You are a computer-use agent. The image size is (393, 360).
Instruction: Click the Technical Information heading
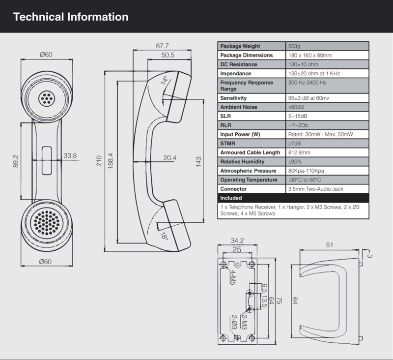tap(71, 17)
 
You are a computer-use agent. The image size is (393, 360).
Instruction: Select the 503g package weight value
tap(294, 46)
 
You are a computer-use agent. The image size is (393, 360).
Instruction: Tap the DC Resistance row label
tap(239, 64)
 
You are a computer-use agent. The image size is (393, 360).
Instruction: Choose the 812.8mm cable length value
tap(300, 152)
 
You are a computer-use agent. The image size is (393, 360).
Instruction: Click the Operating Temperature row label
tap(249, 180)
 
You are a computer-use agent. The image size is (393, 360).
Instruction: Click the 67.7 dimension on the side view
tap(162, 46)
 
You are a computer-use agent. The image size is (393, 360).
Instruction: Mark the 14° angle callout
tap(165, 80)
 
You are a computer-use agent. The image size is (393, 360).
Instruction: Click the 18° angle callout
tap(164, 237)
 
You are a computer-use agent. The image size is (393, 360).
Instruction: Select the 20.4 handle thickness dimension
tap(170, 158)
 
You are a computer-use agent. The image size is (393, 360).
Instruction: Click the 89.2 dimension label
tap(16, 160)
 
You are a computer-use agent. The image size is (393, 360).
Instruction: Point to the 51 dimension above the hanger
tap(329, 244)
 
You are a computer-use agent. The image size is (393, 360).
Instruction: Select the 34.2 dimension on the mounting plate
tap(237, 241)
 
